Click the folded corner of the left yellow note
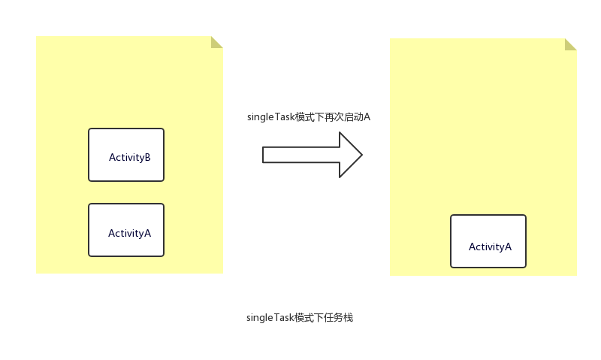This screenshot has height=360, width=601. pyautogui.click(x=216, y=42)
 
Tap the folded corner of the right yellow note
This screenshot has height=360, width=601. pyautogui.click(x=570, y=44)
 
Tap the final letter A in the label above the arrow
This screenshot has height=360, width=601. pyautogui.click(x=367, y=117)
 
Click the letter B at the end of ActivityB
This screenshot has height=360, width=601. pyautogui.click(x=147, y=157)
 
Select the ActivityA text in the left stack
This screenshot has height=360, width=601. pyautogui.click(x=129, y=233)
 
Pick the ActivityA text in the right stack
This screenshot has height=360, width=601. pyautogui.click(x=490, y=247)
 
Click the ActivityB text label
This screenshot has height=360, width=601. pyautogui.click(x=129, y=157)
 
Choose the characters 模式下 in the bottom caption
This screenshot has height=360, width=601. pyautogui.click(x=310, y=318)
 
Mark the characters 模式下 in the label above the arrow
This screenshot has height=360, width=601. pyautogui.click(x=310, y=117)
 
